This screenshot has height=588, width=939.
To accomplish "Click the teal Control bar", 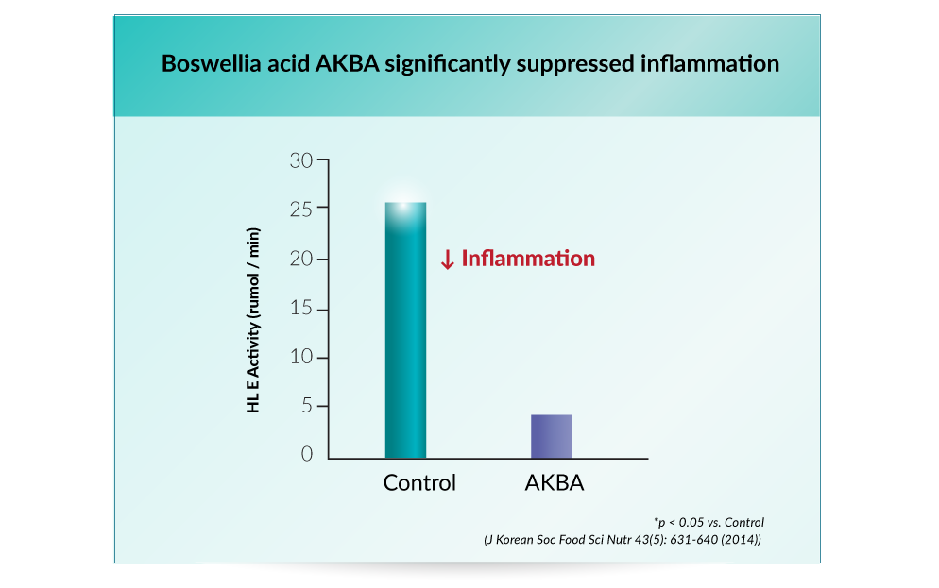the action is click(x=405, y=330).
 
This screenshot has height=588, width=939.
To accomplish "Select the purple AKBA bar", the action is click(x=552, y=437).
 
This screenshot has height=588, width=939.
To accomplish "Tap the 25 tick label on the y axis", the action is click(x=301, y=210).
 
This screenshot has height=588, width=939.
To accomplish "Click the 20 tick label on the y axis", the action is click(x=301, y=259).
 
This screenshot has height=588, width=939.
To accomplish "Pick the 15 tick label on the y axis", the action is click(x=301, y=308).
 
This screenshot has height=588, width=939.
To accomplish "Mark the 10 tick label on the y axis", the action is click(x=301, y=357).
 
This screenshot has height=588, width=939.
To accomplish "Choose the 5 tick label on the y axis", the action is click(x=307, y=406).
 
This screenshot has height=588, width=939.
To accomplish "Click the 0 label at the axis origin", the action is click(x=307, y=454).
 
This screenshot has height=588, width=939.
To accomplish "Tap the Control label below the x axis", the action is click(x=419, y=482).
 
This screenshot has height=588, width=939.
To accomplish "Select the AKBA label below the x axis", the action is click(x=555, y=482).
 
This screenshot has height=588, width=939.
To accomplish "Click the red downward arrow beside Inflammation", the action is click(x=448, y=260).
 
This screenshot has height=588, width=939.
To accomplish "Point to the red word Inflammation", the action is click(x=528, y=259).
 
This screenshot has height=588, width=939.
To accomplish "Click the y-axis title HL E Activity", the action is click(x=253, y=320).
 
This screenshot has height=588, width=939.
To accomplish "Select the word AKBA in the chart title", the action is click(x=348, y=63).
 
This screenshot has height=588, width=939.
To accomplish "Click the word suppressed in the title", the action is click(x=575, y=64).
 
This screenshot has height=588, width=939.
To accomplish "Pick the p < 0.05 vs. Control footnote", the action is click(x=709, y=522).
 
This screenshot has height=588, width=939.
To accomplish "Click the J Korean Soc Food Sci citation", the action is click(x=623, y=540).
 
